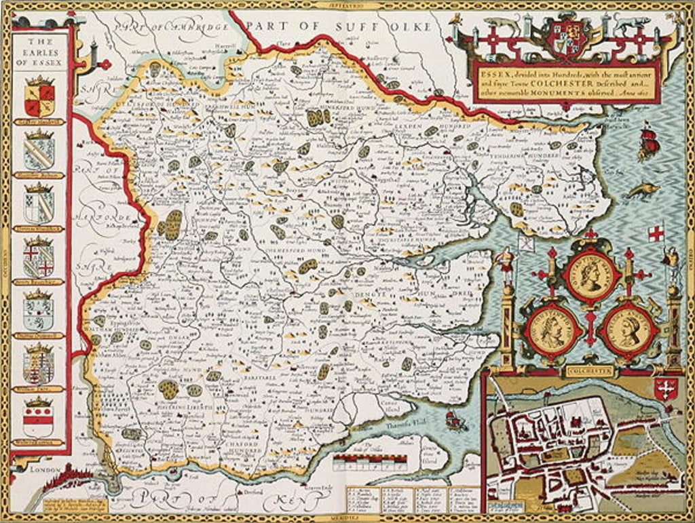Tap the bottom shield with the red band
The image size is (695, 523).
point(38,419)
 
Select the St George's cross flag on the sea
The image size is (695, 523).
point(655,233)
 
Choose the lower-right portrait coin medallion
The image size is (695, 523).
point(629,330)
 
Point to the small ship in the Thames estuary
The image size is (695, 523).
point(455,421)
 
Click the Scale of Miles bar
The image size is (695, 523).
point(370,459)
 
